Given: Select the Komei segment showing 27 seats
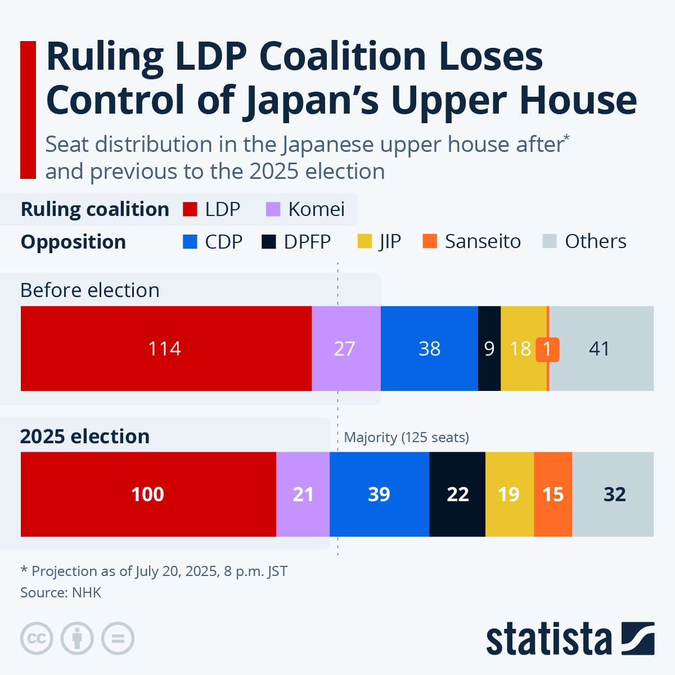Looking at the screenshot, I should point(345,349).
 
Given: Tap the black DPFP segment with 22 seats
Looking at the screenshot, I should point(457,494).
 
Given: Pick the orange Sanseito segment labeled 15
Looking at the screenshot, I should point(553,494).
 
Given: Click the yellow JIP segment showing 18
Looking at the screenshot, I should point(520,349).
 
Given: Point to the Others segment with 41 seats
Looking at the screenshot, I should point(600,349).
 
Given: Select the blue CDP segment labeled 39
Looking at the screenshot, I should point(379,494).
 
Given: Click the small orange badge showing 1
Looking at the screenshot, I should point(547,349).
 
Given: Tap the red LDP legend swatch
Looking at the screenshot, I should point(190,209).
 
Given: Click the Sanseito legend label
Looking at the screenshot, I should point(483,241).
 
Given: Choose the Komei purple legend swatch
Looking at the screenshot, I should point(273,209).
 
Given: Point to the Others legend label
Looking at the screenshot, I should point(595,241).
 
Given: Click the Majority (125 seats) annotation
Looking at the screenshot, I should point(406,438).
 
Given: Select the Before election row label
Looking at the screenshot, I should point(90,290).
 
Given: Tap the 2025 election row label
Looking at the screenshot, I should point(85,436).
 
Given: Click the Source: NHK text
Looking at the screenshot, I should point(61,592).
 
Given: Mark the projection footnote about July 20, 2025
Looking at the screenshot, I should point(154,571).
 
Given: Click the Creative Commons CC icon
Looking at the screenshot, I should point(37,638).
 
